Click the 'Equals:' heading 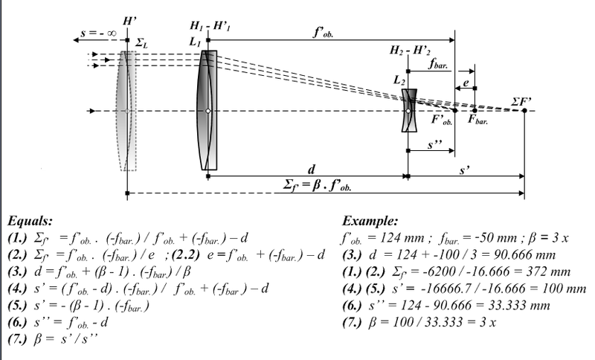pos(28,221)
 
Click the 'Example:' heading pos(370,221)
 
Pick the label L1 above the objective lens pos(196,45)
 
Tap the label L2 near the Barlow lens pos(400,78)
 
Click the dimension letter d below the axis pos(307,167)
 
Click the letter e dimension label pos(466,81)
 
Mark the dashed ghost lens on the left pos(126,110)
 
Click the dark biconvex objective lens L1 pos(208,110)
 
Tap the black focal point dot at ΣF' pos(525,111)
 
